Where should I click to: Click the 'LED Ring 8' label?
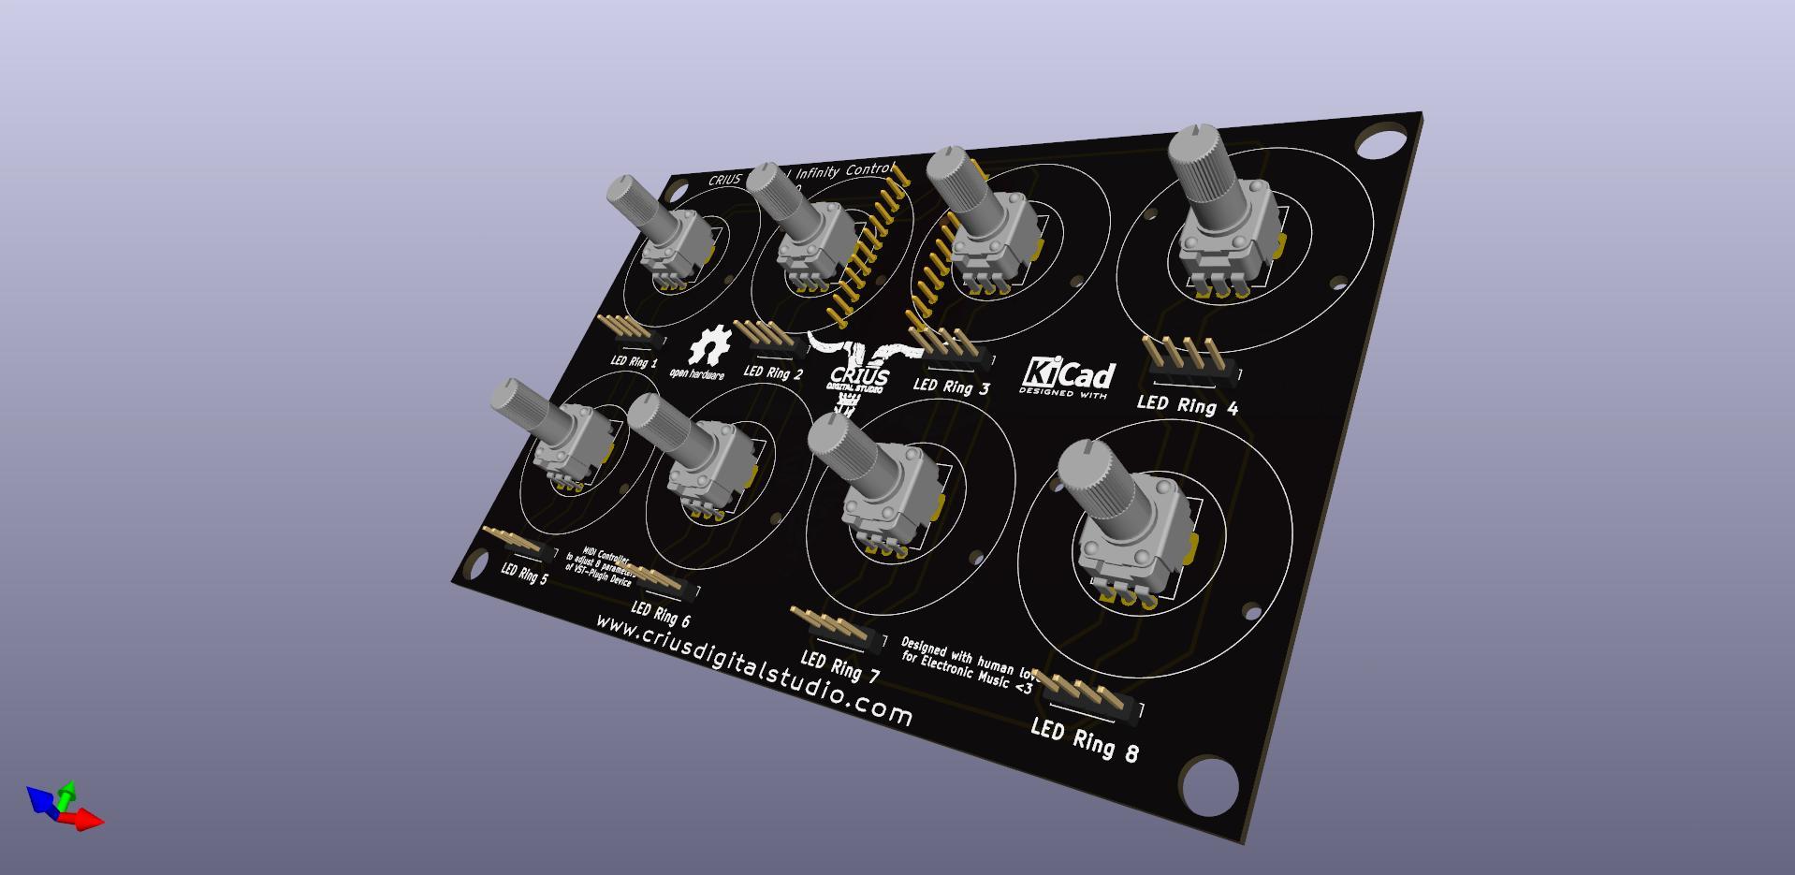pos(1085,739)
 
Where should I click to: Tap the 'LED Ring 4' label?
pos(1187,405)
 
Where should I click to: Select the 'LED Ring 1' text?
pos(634,361)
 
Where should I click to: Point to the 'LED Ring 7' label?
pos(839,667)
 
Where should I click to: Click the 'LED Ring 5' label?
pos(524,573)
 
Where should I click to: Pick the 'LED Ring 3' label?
pos(951,386)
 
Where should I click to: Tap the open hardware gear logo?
pos(708,347)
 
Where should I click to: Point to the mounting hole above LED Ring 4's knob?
pos(1379,145)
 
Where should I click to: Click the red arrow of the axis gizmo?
pos(86,821)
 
